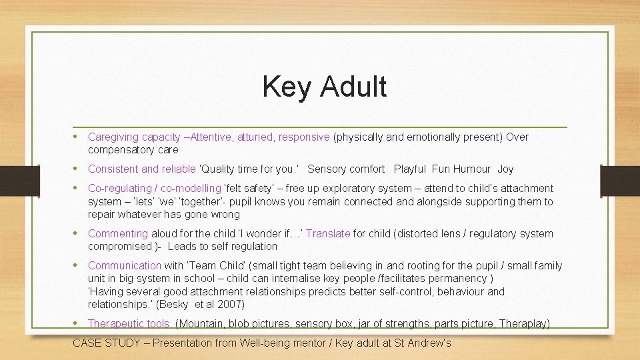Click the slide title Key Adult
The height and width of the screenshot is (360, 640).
324,87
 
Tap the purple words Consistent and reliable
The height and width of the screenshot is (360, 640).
141,169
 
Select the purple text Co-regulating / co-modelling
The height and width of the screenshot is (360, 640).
154,189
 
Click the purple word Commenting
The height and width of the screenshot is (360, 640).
118,234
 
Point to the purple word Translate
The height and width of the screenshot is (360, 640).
328,234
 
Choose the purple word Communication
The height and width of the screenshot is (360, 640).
125,266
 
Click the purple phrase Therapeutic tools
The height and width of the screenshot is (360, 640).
129,324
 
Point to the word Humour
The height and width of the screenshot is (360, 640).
471,169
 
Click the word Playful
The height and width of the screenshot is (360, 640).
410,169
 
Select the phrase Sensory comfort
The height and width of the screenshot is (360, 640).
346,169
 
